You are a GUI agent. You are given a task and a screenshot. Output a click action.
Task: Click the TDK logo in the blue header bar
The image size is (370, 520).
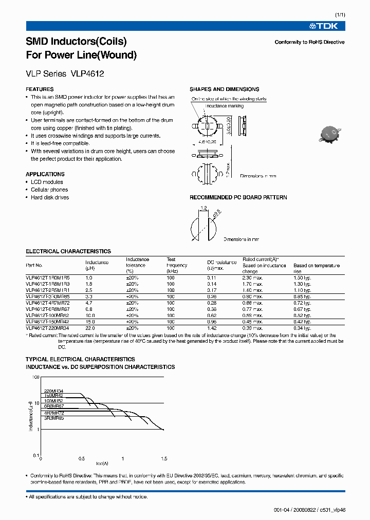coord(323,26)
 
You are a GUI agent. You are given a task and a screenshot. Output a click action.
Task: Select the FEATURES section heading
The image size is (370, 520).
coord(40,89)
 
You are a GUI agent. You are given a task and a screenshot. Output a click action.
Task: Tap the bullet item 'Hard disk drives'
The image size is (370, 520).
coord(49,197)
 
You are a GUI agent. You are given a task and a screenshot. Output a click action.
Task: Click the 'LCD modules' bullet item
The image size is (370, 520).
coord(47,182)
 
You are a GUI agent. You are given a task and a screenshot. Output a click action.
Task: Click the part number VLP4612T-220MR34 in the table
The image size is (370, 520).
coord(47,328)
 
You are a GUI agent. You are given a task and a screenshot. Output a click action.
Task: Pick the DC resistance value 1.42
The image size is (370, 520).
coord(211,328)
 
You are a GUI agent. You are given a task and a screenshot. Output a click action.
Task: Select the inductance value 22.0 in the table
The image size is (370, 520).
coord(90,328)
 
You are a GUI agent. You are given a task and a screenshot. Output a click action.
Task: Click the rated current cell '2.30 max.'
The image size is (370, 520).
coord(252,277)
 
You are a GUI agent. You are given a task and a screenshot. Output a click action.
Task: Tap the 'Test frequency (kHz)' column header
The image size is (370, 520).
coord(176,265)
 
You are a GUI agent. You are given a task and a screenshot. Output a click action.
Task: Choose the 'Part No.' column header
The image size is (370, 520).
coord(34,265)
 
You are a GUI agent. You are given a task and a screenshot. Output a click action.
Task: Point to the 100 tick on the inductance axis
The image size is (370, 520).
coord(35,377)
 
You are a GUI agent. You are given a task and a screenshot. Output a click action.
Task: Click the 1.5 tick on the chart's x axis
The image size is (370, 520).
coord(164,458)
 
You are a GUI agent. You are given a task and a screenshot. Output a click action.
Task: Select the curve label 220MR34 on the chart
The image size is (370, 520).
coord(53,391)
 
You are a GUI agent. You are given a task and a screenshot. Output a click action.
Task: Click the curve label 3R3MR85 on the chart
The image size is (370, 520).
coord(53,418)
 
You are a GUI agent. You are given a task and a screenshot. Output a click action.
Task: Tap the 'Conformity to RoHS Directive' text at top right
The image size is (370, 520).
coord(309,42)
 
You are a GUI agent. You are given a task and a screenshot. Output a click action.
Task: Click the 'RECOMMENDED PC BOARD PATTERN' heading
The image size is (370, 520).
coord(238,197)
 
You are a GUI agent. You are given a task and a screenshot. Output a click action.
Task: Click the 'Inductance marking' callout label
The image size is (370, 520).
coord(224,106)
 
